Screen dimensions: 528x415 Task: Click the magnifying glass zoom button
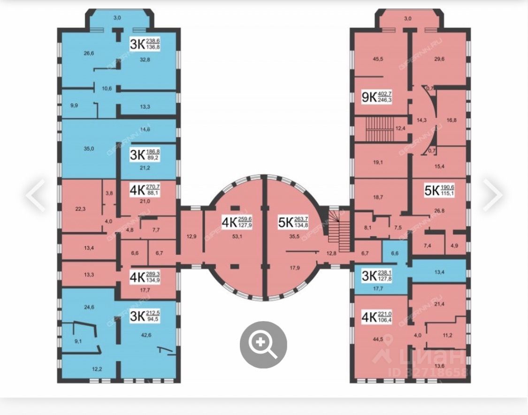pyautogui.click(x=263, y=345)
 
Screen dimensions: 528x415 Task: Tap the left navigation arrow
pyautogui.click(x=35, y=194)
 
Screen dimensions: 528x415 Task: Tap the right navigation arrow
pyautogui.click(x=492, y=194)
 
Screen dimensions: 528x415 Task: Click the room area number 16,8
pyautogui.click(x=451, y=120)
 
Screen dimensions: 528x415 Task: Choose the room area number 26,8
pyautogui.click(x=439, y=210)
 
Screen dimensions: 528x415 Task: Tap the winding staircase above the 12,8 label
pyautogui.click(x=336, y=226)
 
